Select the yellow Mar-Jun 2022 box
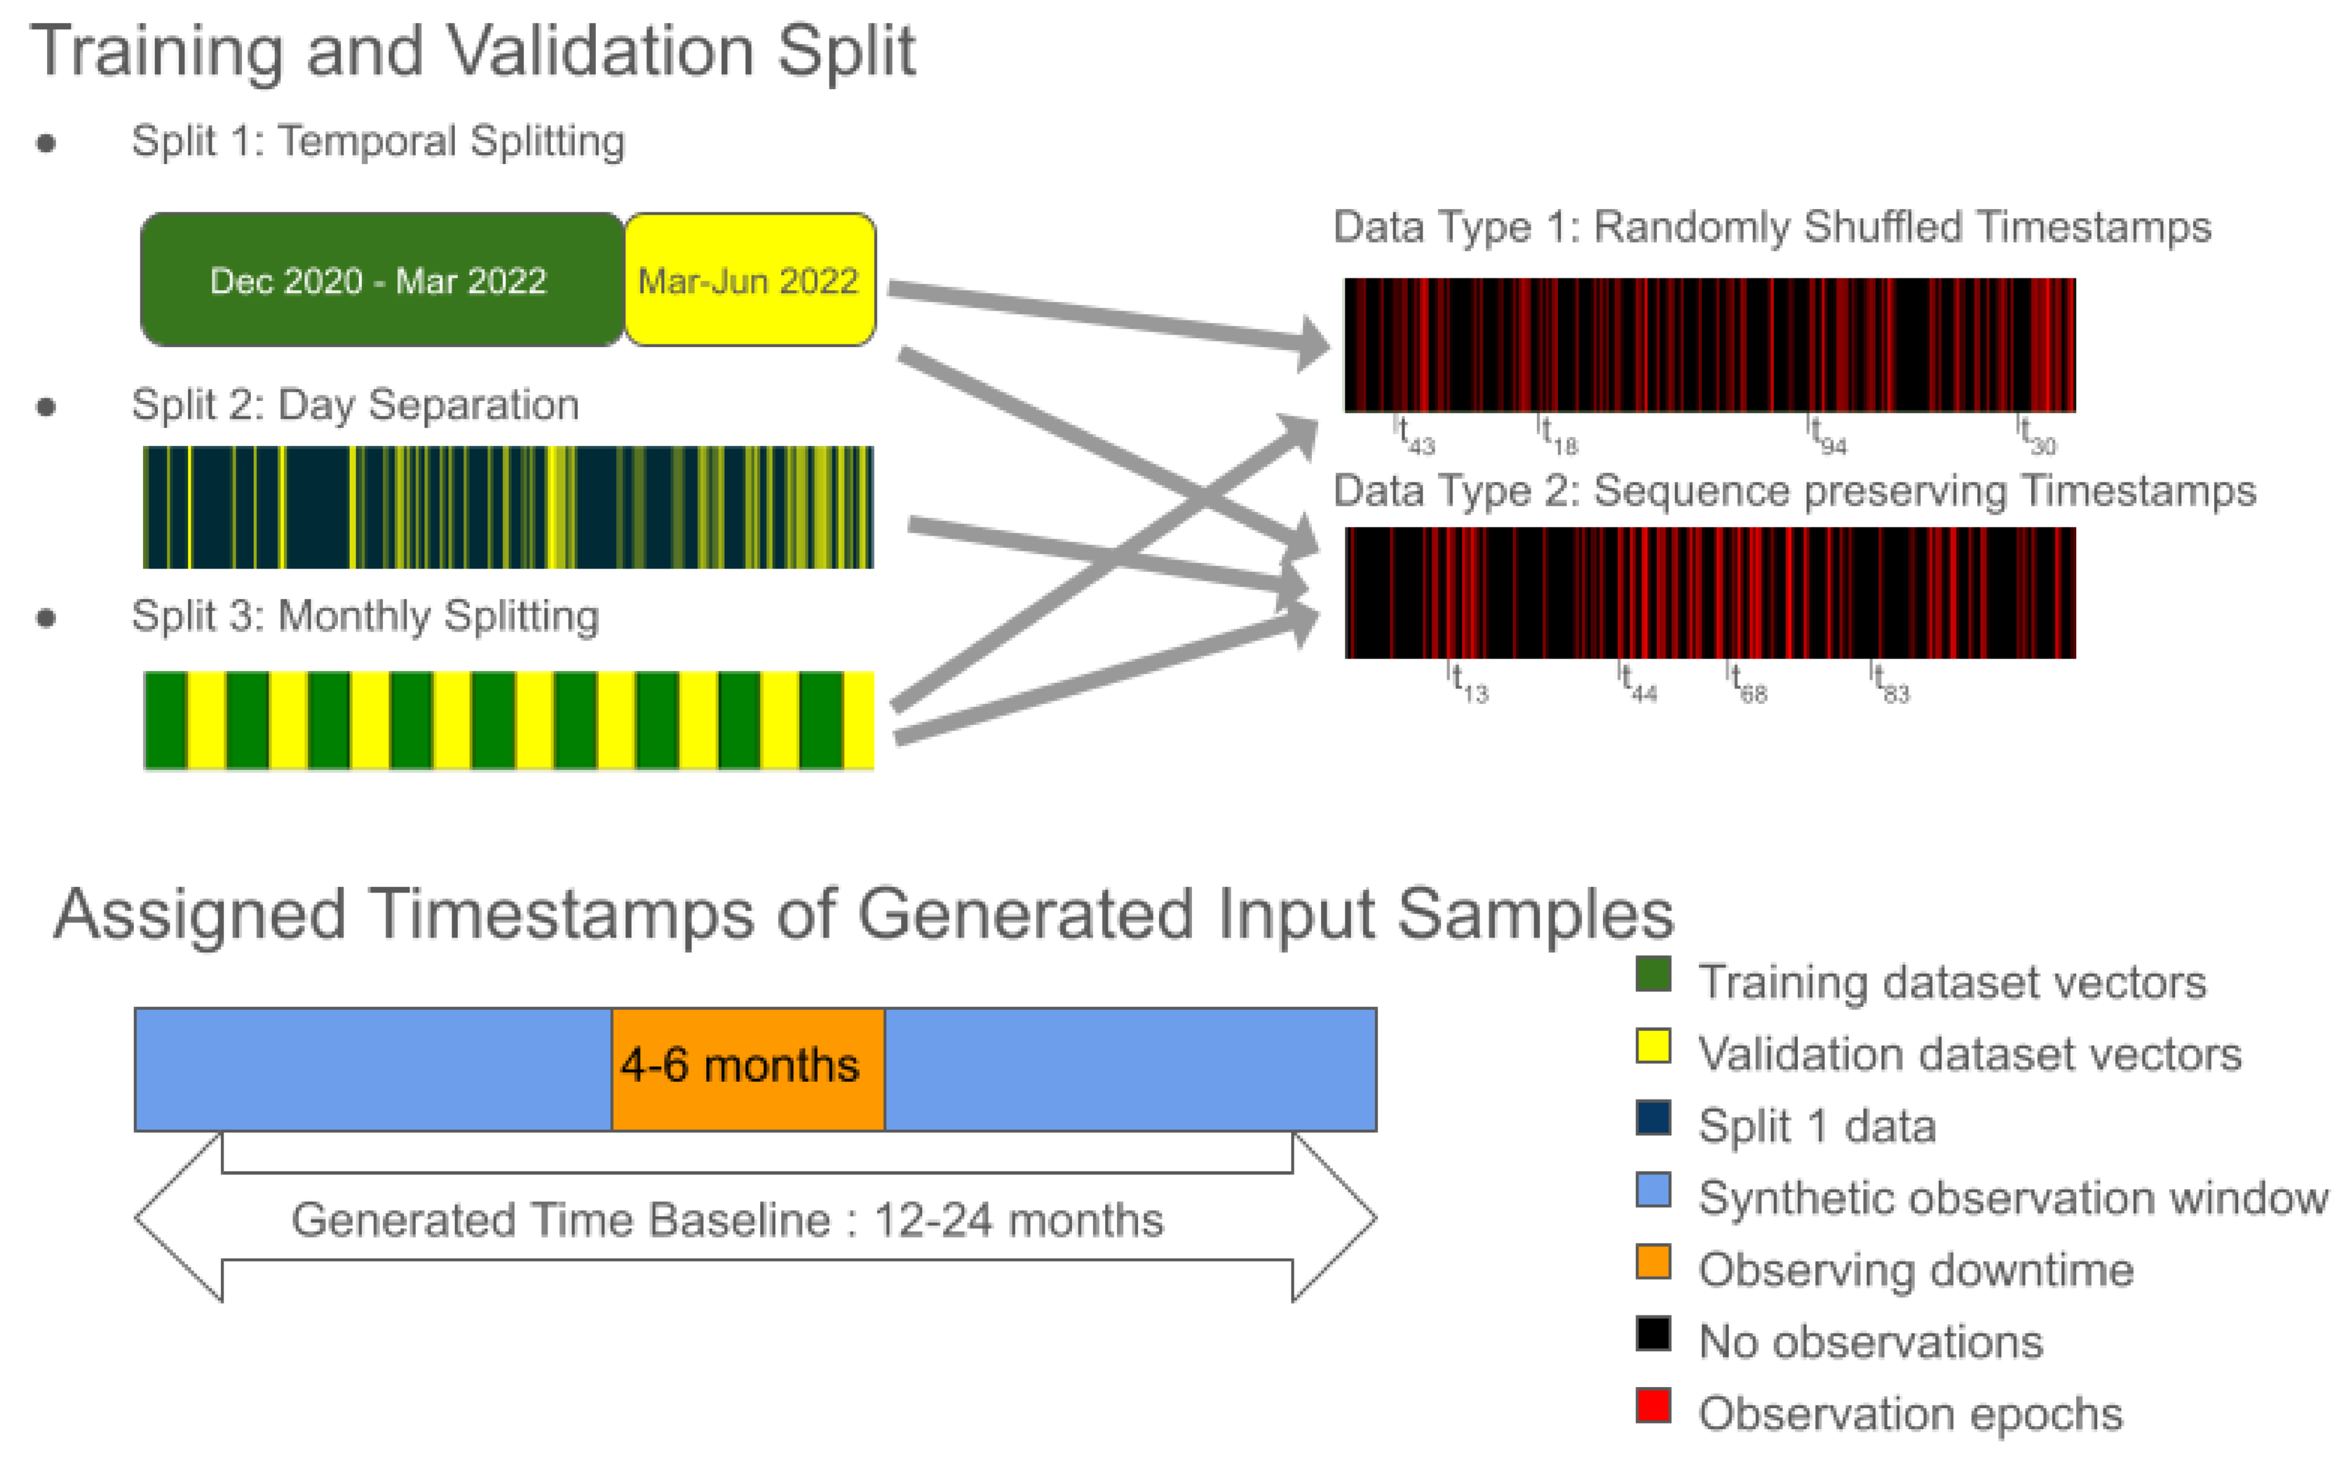[749, 280]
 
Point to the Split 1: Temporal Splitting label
[378, 141]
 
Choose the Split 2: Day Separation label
[355, 404]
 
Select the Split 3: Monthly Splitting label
[365, 616]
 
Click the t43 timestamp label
[1416, 436]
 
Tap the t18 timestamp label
[1558, 436]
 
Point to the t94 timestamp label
[1828, 436]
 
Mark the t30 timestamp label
[2037, 436]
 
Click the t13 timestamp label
[1470, 684]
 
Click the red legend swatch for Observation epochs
[1653, 1405]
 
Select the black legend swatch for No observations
[1653, 1334]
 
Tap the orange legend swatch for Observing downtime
[1653, 1262]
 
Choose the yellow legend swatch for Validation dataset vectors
[1653, 1046]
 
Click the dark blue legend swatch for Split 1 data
[1653, 1118]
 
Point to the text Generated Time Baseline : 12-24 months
[727, 1219]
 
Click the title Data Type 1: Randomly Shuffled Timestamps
[1771, 227]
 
